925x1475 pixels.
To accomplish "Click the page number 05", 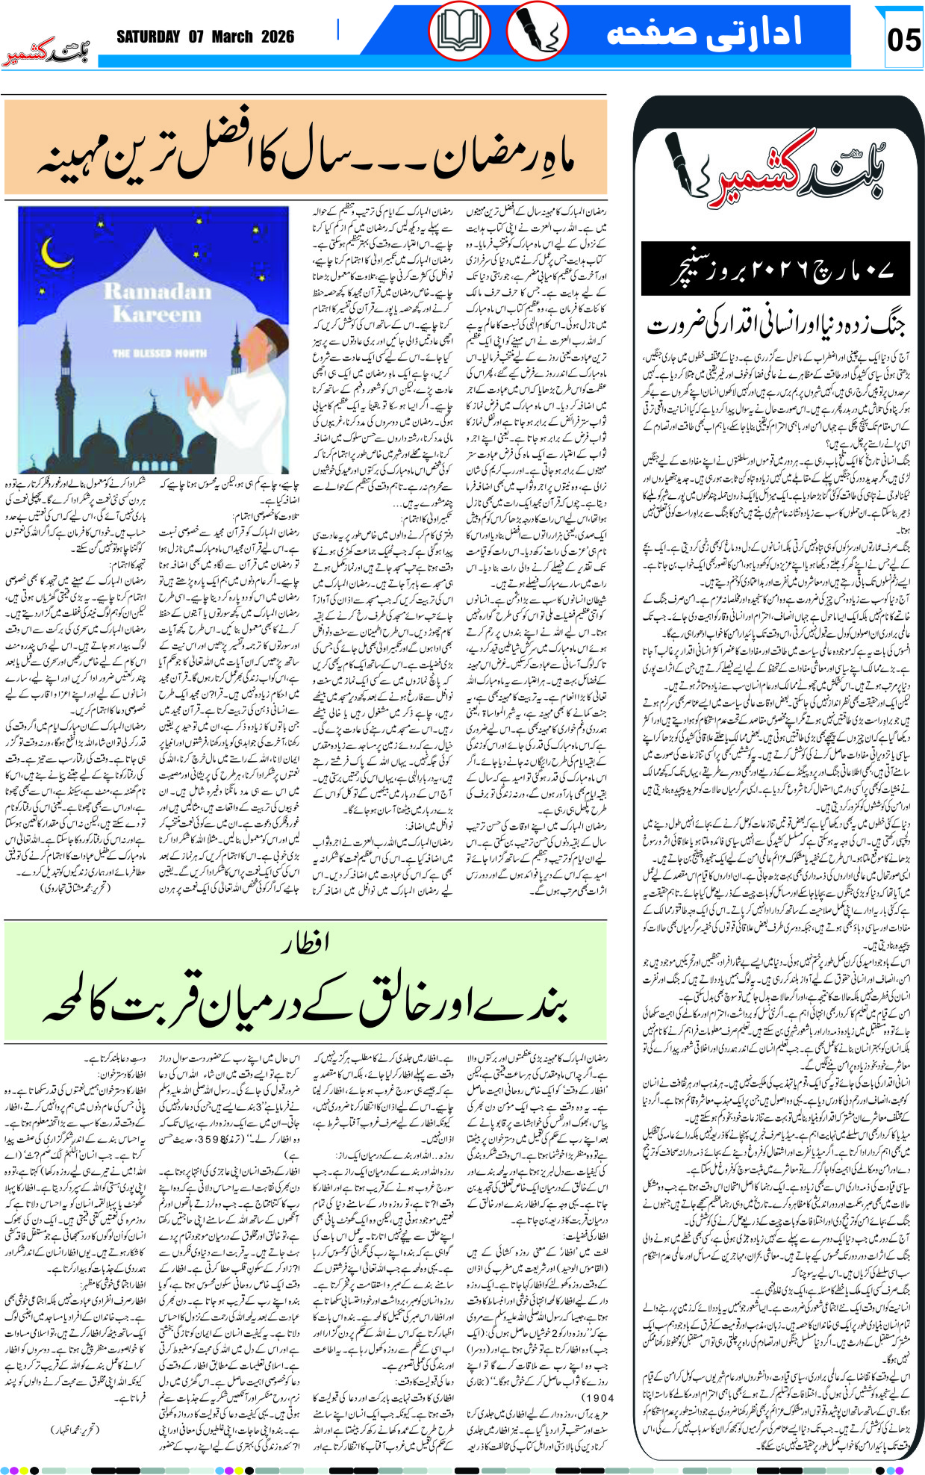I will click(903, 39).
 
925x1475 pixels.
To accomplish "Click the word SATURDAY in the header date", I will click(148, 37).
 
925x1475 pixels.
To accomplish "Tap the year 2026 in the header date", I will click(278, 37).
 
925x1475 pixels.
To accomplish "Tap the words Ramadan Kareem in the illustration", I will click(157, 302).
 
